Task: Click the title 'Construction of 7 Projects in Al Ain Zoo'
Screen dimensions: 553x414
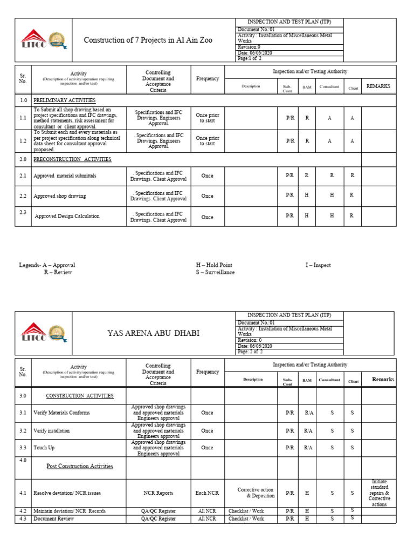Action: pyautogui.click(x=152, y=40)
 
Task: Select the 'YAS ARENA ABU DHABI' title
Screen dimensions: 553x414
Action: pyautogui.click(x=154, y=333)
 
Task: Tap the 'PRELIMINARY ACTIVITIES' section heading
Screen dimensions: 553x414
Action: pyautogui.click(x=65, y=100)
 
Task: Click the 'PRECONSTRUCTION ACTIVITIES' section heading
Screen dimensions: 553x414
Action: pyautogui.click(x=72, y=159)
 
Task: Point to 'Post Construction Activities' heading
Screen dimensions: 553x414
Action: pyautogui.click(x=80, y=466)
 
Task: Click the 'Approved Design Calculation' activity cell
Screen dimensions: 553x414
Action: pyautogui.click(x=67, y=216)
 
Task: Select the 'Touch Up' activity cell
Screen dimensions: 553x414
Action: pyautogui.click(x=44, y=448)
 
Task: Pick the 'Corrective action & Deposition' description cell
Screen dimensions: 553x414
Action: pyautogui.click(x=253, y=493)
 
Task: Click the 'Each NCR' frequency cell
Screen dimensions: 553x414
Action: pyautogui.click(x=207, y=493)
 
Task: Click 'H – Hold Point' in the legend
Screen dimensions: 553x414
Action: pyautogui.click(x=214, y=265)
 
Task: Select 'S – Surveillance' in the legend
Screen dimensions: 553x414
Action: pyautogui.click(x=215, y=272)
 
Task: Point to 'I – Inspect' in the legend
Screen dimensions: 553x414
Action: pyautogui.click(x=318, y=265)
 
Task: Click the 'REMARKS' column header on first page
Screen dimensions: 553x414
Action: pyautogui.click(x=378, y=86)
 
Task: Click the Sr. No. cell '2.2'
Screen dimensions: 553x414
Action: pyautogui.click(x=23, y=195)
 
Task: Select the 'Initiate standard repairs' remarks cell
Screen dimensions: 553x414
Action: pyautogui.click(x=379, y=493)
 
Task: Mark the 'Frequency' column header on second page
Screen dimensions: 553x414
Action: pyautogui.click(x=208, y=372)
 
